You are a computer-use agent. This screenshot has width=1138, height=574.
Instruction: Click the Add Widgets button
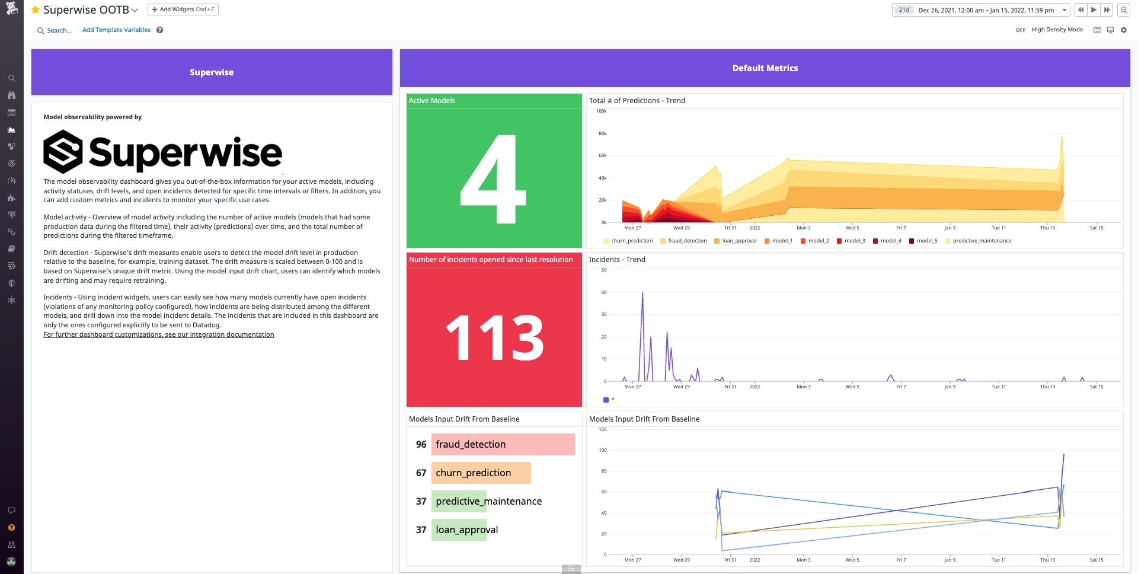(x=183, y=9)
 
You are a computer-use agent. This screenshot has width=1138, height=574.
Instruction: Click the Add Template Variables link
(x=116, y=30)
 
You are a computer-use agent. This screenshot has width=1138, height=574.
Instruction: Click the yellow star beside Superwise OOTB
(x=36, y=9)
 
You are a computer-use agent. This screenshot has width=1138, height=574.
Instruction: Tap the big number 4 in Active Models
(x=493, y=179)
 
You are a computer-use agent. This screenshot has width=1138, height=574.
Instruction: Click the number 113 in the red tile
(x=494, y=338)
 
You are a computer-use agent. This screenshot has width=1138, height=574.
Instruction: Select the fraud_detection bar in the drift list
(x=503, y=445)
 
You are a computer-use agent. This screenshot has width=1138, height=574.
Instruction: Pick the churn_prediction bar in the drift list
(x=481, y=473)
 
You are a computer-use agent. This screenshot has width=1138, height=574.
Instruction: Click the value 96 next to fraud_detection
(x=421, y=445)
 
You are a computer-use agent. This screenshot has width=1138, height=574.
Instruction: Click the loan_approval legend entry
(x=739, y=241)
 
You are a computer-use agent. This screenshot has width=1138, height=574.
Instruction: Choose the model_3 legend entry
(x=854, y=241)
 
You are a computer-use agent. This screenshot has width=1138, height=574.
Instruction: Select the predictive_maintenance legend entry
(x=982, y=241)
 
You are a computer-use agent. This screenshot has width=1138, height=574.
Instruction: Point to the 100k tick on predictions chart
(x=602, y=111)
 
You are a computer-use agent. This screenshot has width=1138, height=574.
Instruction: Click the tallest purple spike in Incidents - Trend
(x=642, y=294)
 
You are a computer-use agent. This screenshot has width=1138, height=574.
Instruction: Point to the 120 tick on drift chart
(x=603, y=429)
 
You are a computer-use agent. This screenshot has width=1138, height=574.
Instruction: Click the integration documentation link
(x=159, y=335)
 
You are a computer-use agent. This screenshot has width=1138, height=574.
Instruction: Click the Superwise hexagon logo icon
(x=63, y=152)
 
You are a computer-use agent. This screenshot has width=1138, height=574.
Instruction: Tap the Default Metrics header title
(x=765, y=68)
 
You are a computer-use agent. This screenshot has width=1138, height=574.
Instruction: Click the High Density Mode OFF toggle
(x=1020, y=30)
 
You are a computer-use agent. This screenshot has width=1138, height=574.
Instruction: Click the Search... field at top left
(x=59, y=30)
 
